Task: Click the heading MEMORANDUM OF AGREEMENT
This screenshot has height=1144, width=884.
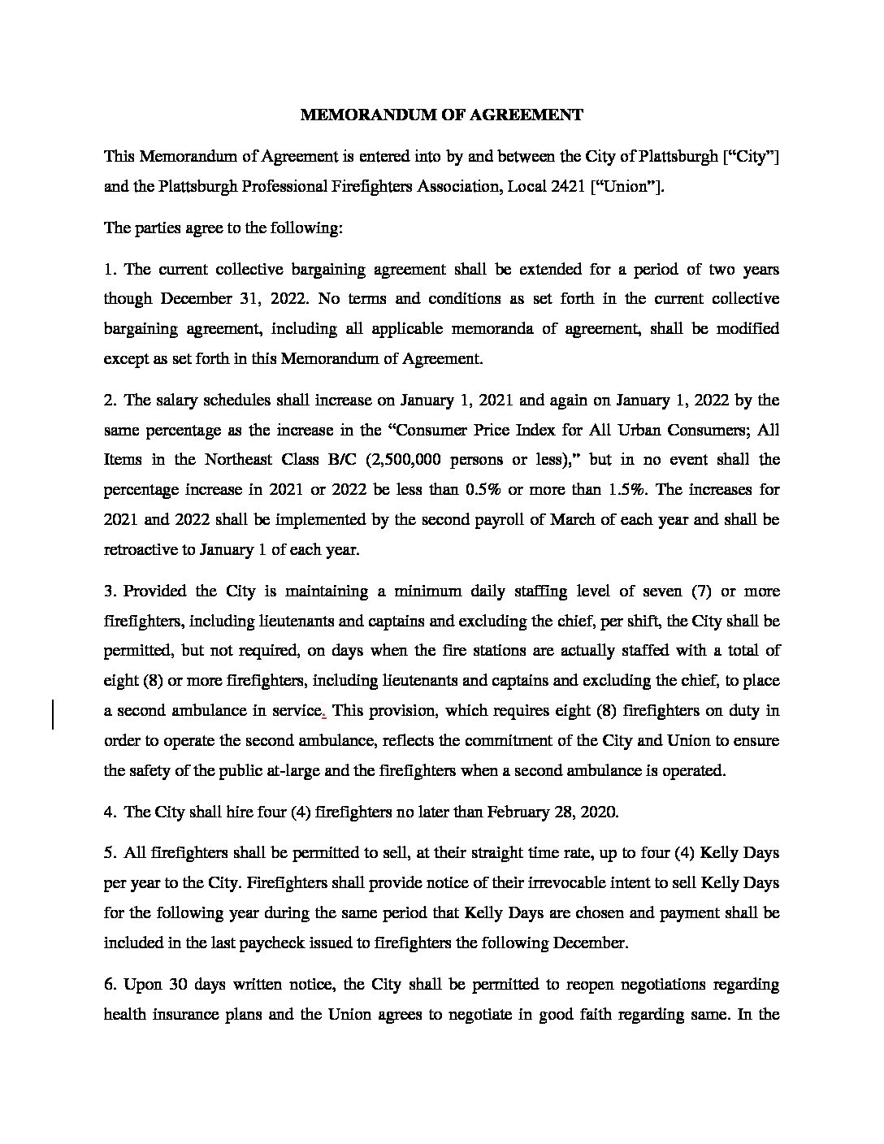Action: point(441,115)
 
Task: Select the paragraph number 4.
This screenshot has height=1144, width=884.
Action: point(109,812)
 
